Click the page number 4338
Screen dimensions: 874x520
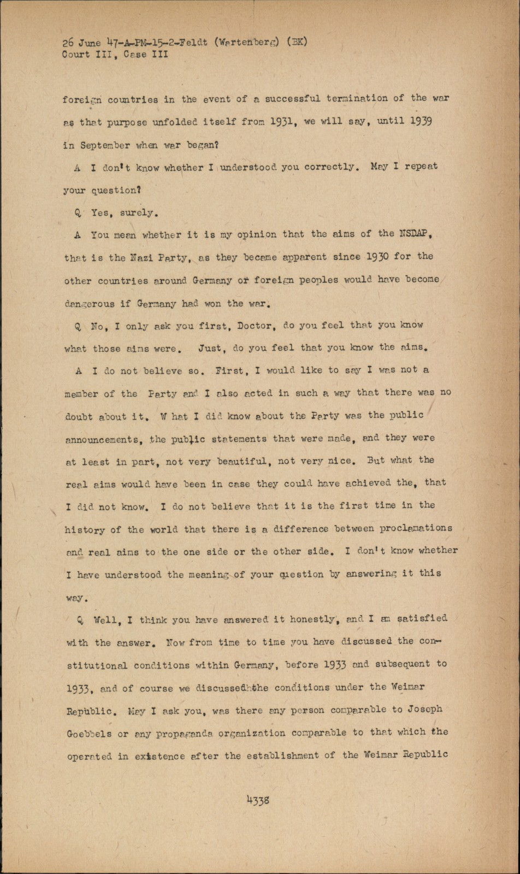click(x=258, y=800)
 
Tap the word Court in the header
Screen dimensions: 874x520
click(x=75, y=54)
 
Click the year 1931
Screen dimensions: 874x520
click(x=283, y=122)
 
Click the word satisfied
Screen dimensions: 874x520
click(x=422, y=618)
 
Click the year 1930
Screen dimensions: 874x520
click(x=378, y=256)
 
